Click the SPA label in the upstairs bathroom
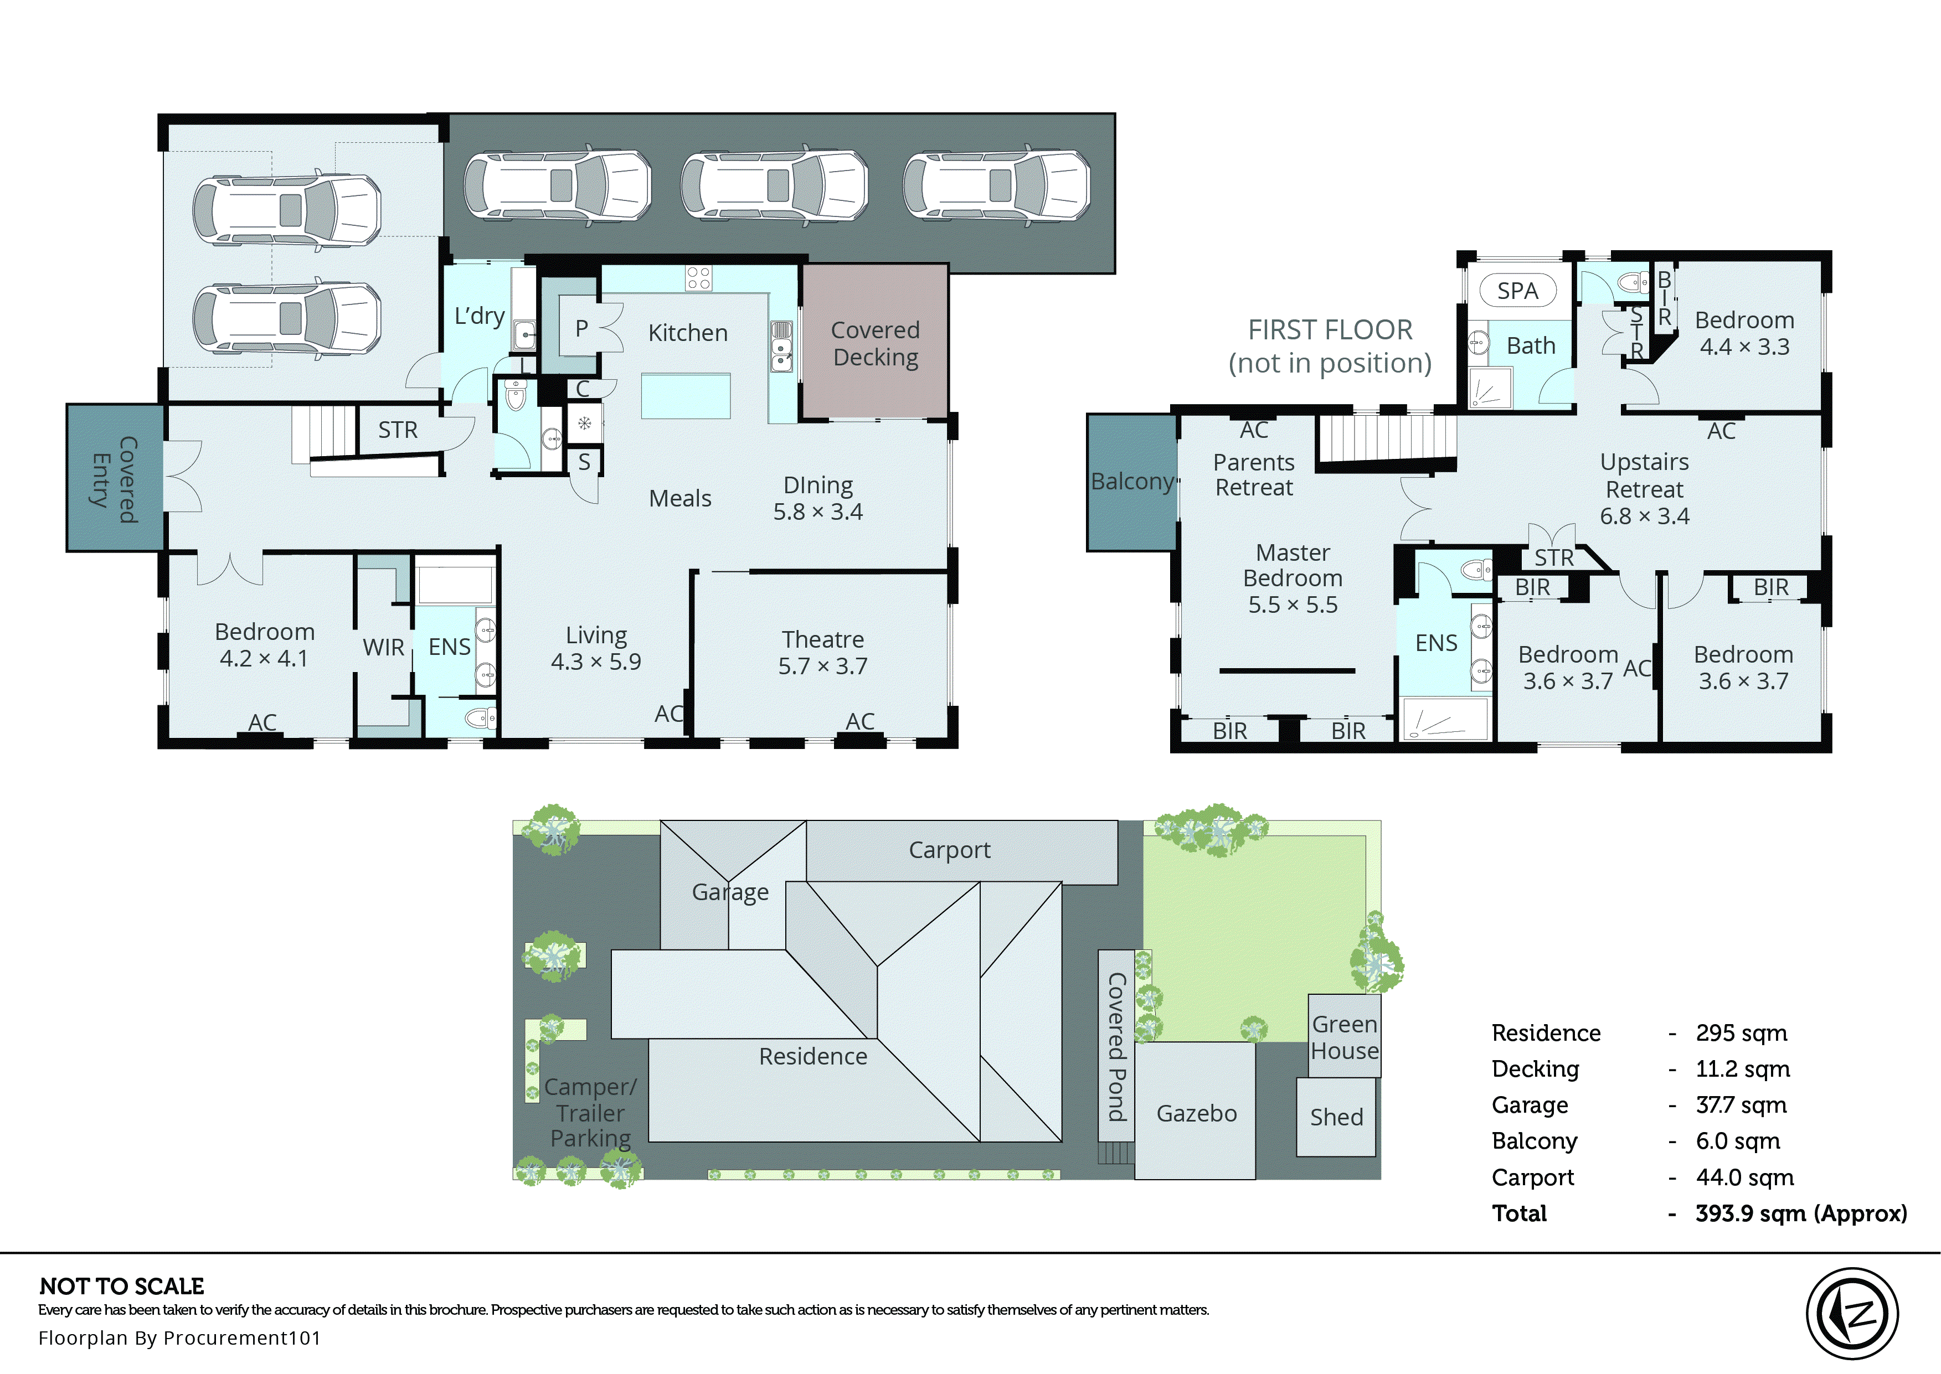point(1517,291)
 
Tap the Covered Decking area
point(875,343)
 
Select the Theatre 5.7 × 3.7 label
point(822,652)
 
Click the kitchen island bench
point(686,396)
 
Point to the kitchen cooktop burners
point(699,277)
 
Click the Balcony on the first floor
point(1131,482)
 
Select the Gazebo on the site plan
point(1196,1113)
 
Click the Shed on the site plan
point(1336,1117)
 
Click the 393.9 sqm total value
point(1800,1213)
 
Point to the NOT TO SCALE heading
point(122,1286)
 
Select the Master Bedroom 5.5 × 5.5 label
point(1292,578)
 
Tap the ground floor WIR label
point(383,647)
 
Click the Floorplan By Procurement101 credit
point(179,1337)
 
